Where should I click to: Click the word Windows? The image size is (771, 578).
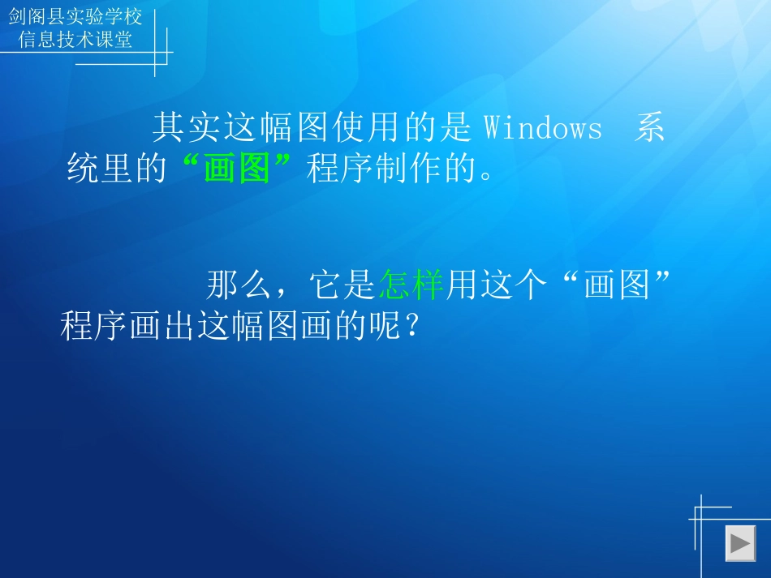click(x=543, y=129)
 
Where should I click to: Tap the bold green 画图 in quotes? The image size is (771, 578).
click(x=236, y=171)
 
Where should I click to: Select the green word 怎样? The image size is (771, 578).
click(x=411, y=285)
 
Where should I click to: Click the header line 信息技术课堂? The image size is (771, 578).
click(x=75, y=40)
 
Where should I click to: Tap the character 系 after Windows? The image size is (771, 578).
click(x=650, y=129)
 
